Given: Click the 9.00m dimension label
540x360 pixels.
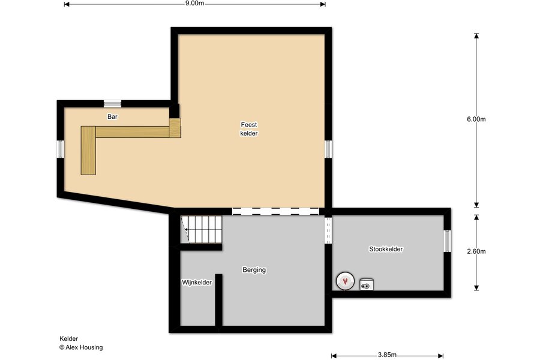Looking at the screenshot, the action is pos(194,4).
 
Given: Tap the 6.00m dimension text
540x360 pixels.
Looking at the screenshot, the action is pos(476,119).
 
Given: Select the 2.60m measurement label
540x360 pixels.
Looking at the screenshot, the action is pos(476,251).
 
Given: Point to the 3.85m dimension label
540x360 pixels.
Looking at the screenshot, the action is pos(387,355).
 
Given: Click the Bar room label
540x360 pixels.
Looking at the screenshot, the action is pos(112,117).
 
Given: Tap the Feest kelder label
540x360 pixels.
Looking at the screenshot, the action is pos(249,129).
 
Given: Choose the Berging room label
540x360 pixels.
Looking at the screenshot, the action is pos(254,270).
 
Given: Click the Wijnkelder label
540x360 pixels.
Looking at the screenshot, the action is pos(197,283).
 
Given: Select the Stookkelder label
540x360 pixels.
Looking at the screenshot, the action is pos(386,249).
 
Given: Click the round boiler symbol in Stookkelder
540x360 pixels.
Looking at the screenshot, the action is pos(345,281).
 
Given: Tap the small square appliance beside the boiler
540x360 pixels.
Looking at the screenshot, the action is pos(367,284).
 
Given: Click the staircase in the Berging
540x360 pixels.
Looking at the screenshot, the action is pos(202,229).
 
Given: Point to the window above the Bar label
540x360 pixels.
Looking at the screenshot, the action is pos(113,103).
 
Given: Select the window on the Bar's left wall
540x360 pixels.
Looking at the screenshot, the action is pos(60,149).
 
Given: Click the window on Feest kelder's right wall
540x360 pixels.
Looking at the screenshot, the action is pos(328,149).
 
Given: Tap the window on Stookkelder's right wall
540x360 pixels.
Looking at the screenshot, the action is pos(447,241).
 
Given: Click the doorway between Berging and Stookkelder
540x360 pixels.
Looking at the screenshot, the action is pos(328,230).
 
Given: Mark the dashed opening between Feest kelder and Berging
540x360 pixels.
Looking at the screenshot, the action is pos(275,211).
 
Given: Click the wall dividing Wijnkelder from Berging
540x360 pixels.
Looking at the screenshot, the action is pos(218,300).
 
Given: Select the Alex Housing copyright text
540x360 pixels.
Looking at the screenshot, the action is pos(81,347).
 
